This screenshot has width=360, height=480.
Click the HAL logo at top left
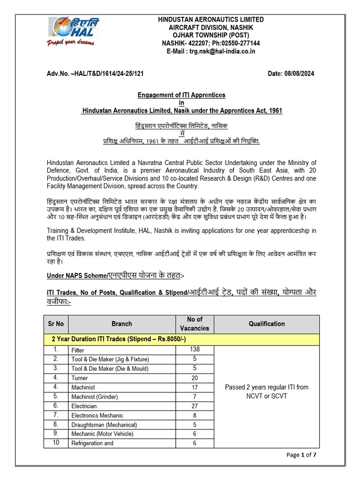pyautogui.click(x=73, y=27)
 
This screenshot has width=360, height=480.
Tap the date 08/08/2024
pyautogui.click(x=291, y=74)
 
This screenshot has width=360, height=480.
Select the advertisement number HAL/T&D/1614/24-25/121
pyautogui.click(x=96, y=74)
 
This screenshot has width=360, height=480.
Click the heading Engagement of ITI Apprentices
pyautogui.click(x=181, y=95)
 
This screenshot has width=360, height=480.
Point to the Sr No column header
pyautogui.click(x=56, y=323)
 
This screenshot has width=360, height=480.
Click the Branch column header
pyautogui.click(x=121, y=323)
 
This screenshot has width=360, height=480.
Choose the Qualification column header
pyautogui.click(x=266, y=323)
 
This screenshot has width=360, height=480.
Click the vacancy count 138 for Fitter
pyautogui.click(x=195, y=350)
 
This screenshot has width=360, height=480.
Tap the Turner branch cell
pyautogui.click(x=79, y=378)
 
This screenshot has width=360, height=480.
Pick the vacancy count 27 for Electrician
pyautogui.click(x=195, y=406)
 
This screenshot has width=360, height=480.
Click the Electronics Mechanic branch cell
pyautogui.click(x=97, y=415)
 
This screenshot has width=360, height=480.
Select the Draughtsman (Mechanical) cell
pyautogui.click(x=104, y=425)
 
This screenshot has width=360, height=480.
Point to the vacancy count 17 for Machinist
pyautogui.click(x=195, y=387)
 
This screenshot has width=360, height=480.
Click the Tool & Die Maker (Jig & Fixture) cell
pyautogui.click(x=110, y=359)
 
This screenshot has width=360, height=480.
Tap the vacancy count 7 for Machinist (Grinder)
pyautogui.click(x=195, y=397)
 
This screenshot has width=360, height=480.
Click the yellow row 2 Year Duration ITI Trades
pyautogui.click(x=181, y=339)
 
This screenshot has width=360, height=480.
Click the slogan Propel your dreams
pyautogui.click(x=70, y=43)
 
